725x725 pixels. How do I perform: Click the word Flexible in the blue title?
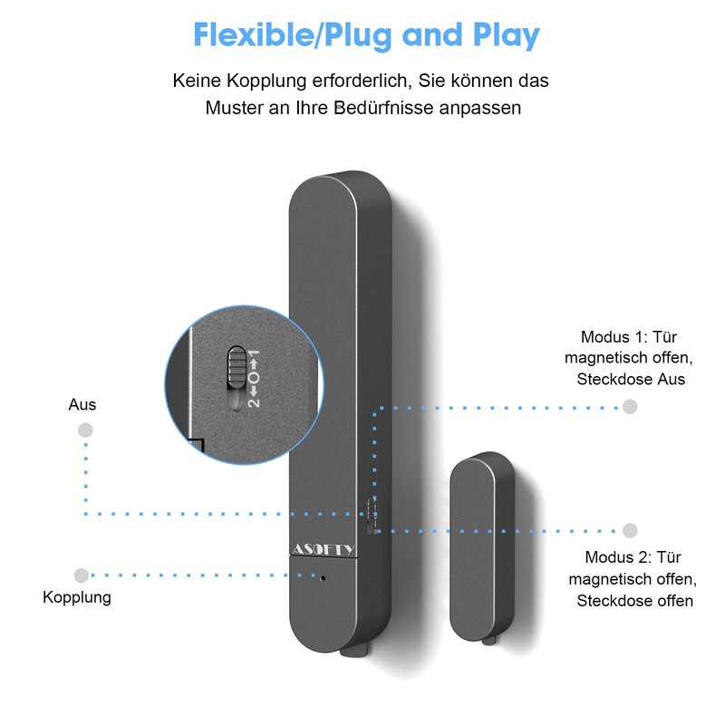coord(253,34)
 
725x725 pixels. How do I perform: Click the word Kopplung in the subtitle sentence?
coord(266,81)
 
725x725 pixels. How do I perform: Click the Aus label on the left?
coord(82,404)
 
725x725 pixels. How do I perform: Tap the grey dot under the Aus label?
coord(85,430)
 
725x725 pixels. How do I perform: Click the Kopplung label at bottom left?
coord(77,597)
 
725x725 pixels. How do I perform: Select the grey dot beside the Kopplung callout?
coord(82,575)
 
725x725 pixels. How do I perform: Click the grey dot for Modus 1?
coord(630,407)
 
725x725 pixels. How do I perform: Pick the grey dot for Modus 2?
coord(630,531)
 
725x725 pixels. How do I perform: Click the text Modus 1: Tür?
coord(629,336)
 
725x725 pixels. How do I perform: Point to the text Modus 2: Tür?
coord(633,557)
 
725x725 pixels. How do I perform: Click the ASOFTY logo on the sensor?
coord(323,549)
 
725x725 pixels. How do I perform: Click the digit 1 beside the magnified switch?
coord(254,355)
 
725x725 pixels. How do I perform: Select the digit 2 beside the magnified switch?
coord(254,402)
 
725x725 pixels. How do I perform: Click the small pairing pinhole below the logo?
coord(323,578)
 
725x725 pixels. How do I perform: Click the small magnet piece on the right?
coord(482,546)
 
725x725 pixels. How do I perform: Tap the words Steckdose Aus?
coord(631,379)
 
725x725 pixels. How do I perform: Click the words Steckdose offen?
coord(635,601)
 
